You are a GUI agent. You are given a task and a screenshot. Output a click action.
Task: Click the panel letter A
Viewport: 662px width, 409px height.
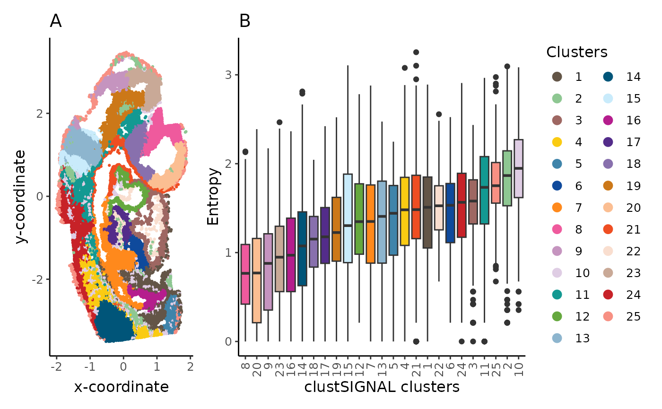(x=56, y=21)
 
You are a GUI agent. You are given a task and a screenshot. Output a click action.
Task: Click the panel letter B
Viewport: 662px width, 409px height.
(x=244, y=21)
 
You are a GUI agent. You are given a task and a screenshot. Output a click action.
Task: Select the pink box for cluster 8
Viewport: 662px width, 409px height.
(x=245, y=274)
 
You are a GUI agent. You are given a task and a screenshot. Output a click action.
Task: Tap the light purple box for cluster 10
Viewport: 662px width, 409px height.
(x=518, y=168)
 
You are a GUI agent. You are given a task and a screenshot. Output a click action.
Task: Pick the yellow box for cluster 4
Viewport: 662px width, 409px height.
(x=405, y=211)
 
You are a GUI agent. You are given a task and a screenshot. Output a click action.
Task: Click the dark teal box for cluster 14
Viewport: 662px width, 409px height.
(x=302, y=249)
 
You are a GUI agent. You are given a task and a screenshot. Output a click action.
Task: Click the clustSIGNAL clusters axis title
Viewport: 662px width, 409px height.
(x=382, y=387)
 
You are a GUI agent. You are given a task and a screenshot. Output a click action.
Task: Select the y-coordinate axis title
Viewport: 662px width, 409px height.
(x=21, y=196)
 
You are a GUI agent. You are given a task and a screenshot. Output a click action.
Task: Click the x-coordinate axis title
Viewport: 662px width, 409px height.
(x=121, y=387)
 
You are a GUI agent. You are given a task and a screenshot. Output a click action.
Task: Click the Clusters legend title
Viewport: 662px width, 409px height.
(x=576, y=52)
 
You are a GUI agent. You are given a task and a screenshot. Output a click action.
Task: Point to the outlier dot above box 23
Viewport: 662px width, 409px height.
(x=279, y=122)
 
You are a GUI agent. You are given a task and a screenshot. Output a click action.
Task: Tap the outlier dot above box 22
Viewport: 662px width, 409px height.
(x=439, y=114)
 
